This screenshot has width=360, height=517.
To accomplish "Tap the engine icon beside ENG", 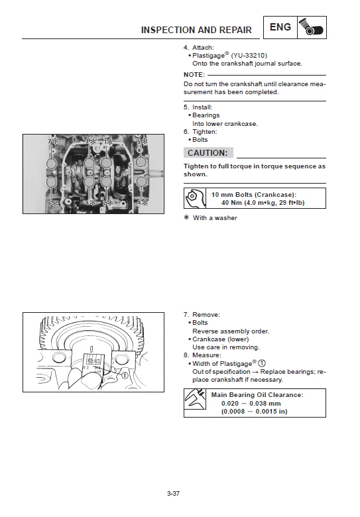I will [x=312, y=28].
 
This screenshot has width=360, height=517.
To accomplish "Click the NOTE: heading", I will [x=194, y=75].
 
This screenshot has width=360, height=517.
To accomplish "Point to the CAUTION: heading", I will [x=208, y=152].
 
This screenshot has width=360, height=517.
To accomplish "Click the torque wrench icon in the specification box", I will [x=194, y=198].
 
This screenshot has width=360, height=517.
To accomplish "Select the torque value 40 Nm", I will [x=235, y=203].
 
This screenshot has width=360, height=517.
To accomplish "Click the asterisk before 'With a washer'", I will [x=186, y=217].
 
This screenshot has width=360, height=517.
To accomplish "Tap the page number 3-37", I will [x=174, y=493].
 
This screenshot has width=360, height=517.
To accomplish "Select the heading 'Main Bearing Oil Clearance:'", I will [x=257, y=394].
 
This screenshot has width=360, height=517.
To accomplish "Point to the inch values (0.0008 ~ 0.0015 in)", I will [x=254, y=411].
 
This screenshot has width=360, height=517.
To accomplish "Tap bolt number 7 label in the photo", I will [x=51, y=142].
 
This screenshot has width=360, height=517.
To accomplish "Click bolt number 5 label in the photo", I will [x=139, y=142].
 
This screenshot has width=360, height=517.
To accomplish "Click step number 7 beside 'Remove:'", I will [x=186, y=314].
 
